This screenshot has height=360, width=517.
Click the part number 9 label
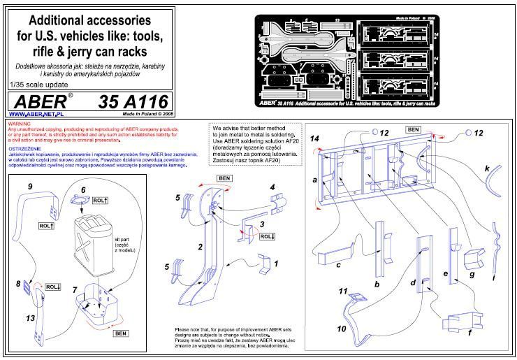30,187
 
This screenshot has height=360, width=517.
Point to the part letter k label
487,168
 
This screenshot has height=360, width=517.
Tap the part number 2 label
200,247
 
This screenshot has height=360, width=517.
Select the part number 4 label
272,187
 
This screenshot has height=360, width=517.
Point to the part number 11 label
342,290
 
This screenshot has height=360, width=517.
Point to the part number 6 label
83,190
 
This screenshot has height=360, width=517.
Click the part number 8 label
18,284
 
